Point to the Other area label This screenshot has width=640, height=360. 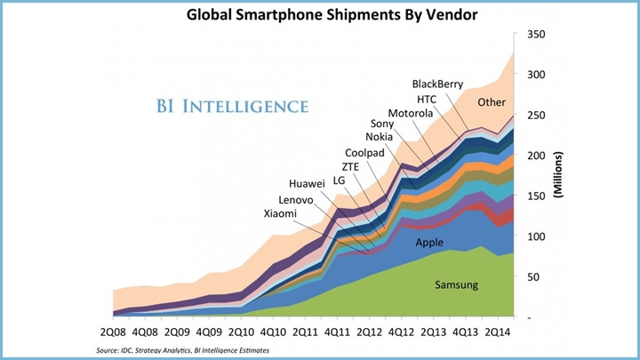point(492,102)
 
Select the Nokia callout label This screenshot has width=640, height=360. point(382,137)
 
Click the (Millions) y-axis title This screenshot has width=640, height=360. point(561,179)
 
